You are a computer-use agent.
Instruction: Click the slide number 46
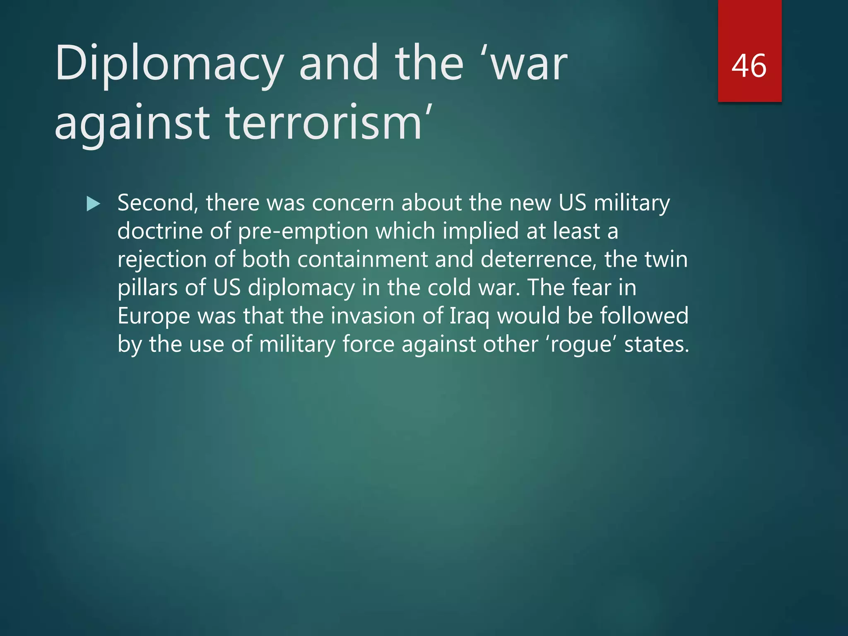[749, 66]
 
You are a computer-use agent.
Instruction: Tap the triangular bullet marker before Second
[93, 204]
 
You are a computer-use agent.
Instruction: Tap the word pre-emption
[303, 231]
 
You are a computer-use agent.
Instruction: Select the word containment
[362, 260]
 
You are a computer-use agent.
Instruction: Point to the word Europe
[153, 316]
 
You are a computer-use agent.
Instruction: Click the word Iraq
[469, 316]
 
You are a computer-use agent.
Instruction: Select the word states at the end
[656, 344]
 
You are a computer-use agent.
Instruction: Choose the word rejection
[162, 260]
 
